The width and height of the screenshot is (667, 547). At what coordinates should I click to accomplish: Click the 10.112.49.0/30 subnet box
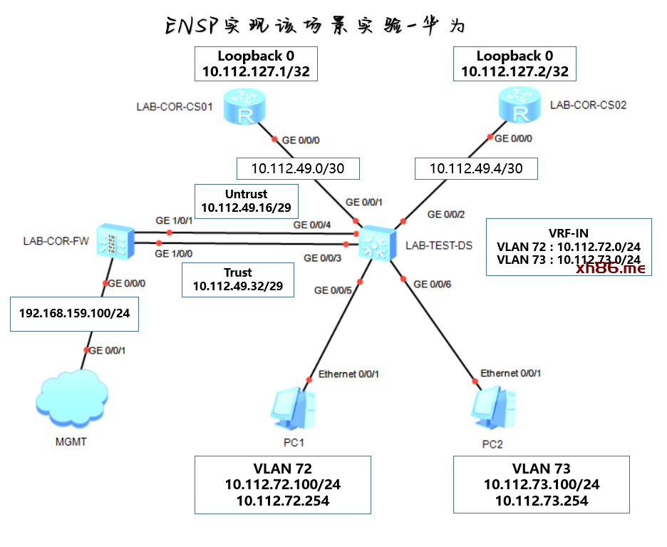(298, 168)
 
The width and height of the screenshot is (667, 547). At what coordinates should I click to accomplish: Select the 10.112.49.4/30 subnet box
(476, 168)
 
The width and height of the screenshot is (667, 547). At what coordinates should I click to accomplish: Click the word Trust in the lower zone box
(238, 272)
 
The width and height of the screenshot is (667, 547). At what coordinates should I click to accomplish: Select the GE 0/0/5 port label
(333, 290)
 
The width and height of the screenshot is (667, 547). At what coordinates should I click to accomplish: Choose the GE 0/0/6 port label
(433, 284)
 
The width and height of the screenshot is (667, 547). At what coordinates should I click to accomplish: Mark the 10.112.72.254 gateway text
(282, 501)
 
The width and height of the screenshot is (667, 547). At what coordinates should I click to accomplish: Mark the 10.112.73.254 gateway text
(542, 501)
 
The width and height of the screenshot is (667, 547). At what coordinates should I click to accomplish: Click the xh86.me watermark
(611, 268)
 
